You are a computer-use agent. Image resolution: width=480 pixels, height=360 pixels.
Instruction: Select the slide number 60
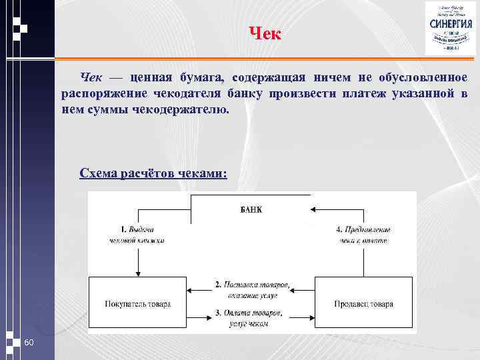click(x=29, y=343)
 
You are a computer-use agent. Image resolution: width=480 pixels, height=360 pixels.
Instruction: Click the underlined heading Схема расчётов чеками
click(x=153, y=173)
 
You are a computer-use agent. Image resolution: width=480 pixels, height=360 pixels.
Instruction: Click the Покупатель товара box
click(x=138, y=304)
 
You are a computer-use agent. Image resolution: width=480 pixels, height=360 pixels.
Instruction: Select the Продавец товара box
click(x=363, y=304)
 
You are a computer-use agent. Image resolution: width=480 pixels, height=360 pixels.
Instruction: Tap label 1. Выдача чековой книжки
click(x=137, y=235)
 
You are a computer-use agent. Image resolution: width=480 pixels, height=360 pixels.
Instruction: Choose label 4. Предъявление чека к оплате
click(x=363, y=235)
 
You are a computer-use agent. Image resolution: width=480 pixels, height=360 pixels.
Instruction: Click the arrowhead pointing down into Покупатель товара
click(x=137, y=273)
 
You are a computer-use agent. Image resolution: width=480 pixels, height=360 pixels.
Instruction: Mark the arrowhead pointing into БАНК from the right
click(x=313, y=209)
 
